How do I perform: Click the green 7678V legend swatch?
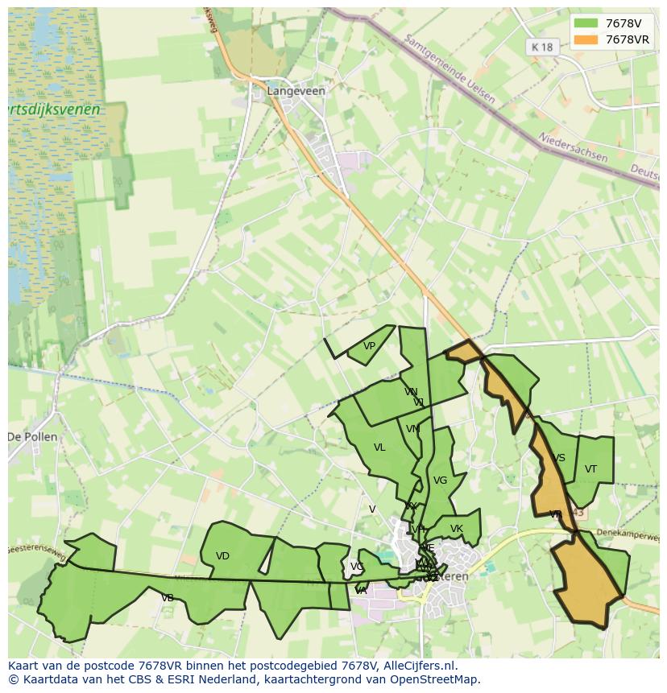(586, 23)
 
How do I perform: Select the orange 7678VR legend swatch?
(586, 39)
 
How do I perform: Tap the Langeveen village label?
(296, 91)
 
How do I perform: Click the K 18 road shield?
(542, 47)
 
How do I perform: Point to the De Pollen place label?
(33, 437)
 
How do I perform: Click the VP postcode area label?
(369, 346)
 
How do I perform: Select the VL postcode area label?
(379, 448)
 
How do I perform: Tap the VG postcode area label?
(440, 481)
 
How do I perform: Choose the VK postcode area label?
(457, 529)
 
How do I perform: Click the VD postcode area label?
(223, 556)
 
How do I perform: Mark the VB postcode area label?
(168, 598)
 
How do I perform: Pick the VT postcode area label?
(590, 469)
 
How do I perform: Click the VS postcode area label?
(559, 458)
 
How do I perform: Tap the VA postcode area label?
(361, 591)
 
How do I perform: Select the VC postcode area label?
(356, 567)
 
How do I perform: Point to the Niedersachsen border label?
(573, 147)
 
